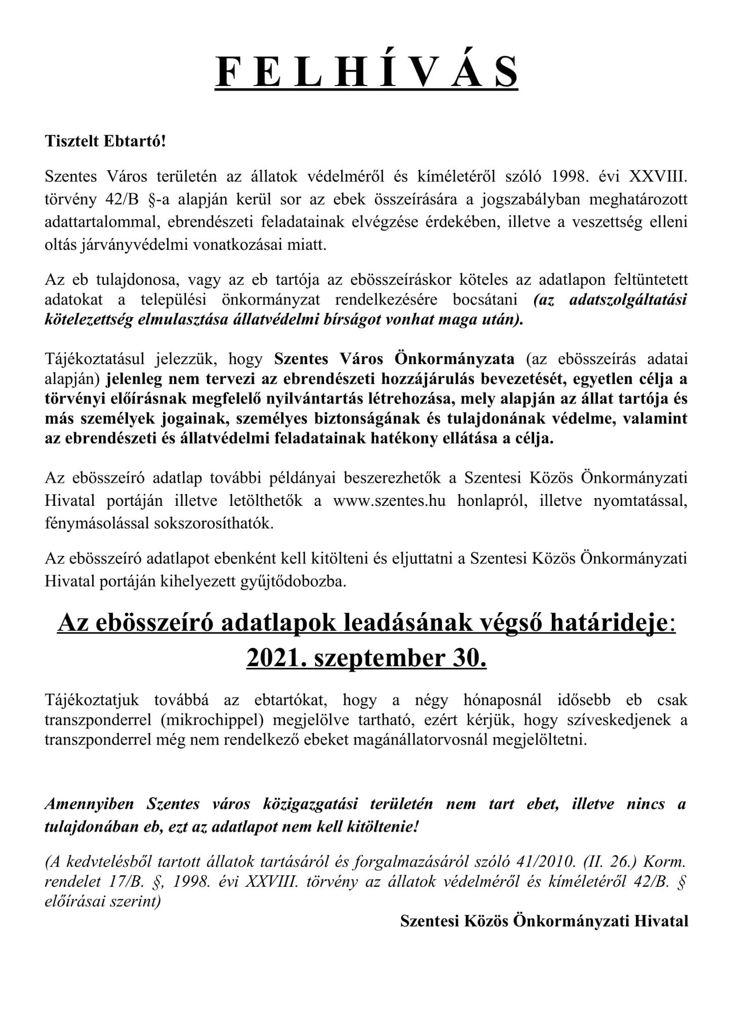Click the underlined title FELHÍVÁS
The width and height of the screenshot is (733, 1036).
pos(366,71)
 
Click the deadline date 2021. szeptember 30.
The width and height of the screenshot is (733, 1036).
pos(366,658)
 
